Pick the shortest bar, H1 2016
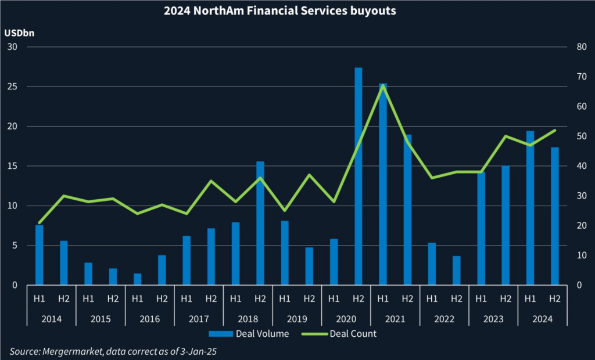(138, 279)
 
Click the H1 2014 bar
(39, 255)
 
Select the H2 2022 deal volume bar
(456, 271)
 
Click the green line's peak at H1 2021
(382, 85)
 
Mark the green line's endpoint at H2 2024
(554, 130)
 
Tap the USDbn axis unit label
(19, 33)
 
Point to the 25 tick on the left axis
(11, 87)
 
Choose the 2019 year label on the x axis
(297, 319)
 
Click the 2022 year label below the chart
(444, 319)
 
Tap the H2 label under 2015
(113, 299)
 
